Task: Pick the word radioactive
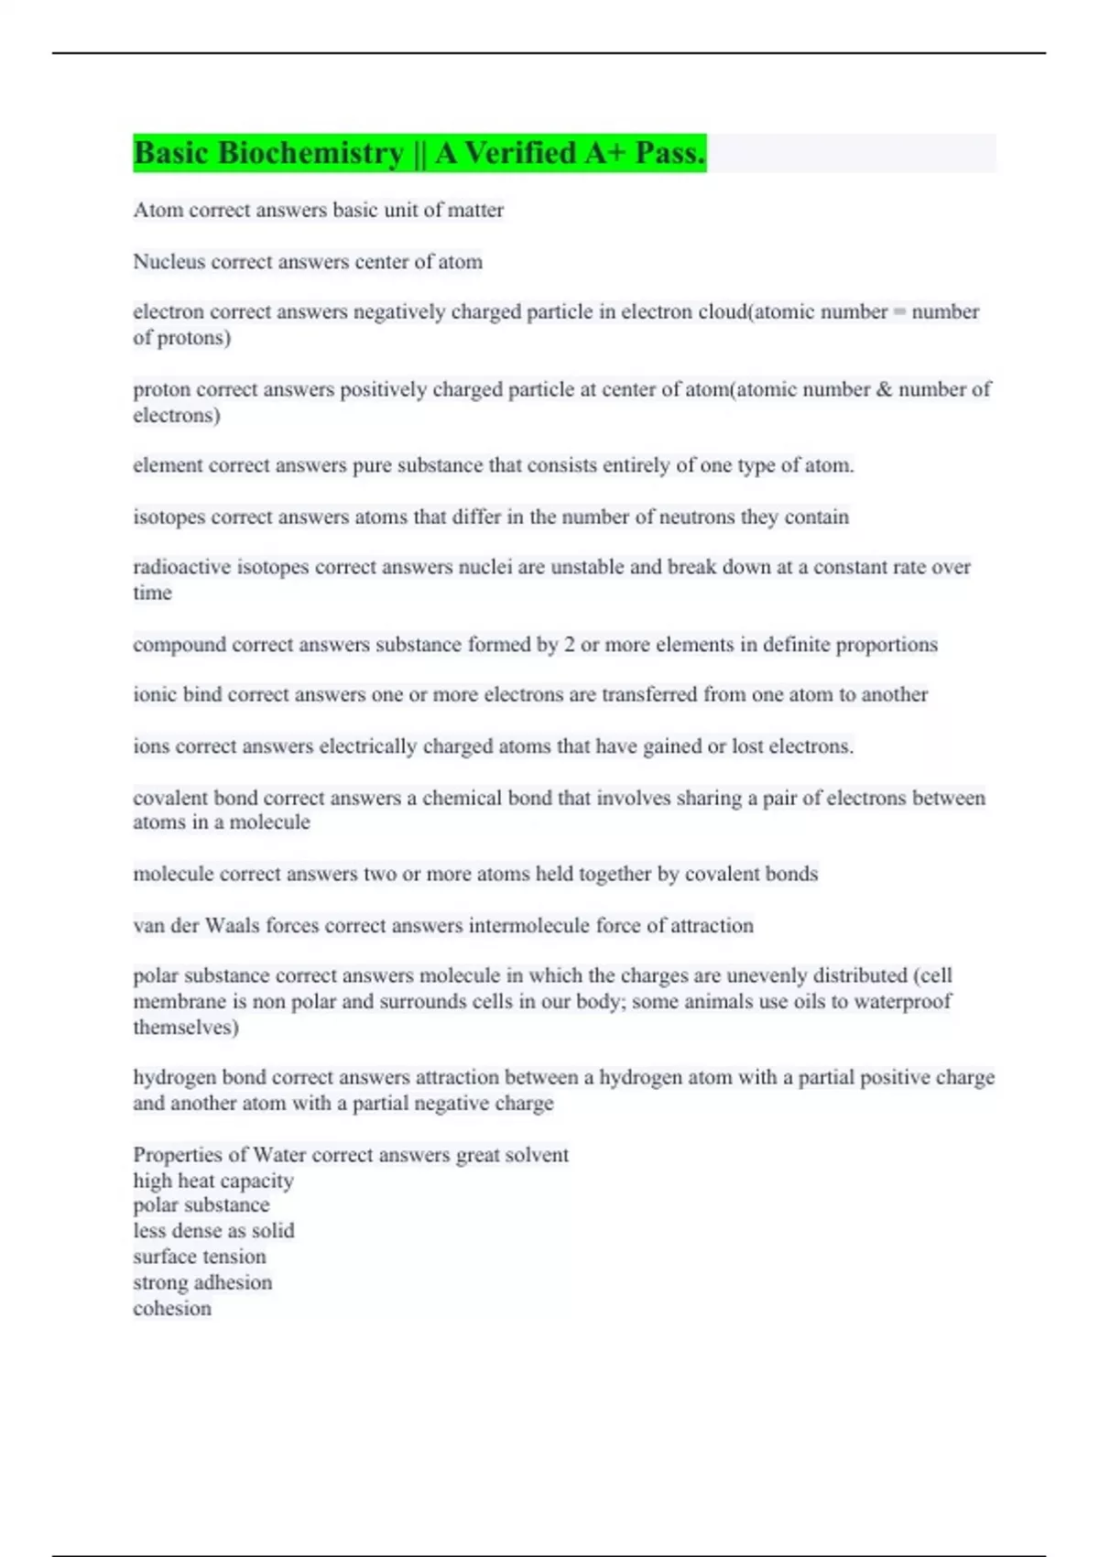[181, 567]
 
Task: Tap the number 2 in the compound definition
[569, 645]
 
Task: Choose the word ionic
[154, 694]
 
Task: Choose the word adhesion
[236, 1282]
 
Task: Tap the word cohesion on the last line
[172, 1309]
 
